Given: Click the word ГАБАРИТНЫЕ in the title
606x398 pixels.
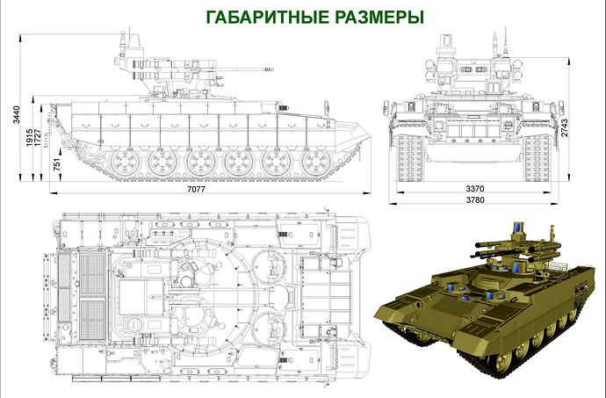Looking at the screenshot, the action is (x=267, y=18).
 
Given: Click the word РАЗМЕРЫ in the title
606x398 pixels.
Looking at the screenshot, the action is (x=379, y=18).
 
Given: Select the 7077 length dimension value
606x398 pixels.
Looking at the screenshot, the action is (x=197, y=189).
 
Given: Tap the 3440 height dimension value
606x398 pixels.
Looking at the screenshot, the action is (x=16, y=114).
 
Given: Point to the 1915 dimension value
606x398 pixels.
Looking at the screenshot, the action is (x=29, y=138).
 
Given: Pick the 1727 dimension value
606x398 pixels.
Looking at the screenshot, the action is (x=38, y=138).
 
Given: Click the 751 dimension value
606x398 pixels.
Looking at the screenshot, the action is (x=57, y=164).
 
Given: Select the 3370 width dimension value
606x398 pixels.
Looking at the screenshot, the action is (x=475, y=189).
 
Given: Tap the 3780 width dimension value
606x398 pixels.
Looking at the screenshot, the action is (x=475, y=200).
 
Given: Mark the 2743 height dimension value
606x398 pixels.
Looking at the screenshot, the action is (x=565, y=127).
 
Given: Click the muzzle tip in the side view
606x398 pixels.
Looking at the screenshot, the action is (x=271, y=69).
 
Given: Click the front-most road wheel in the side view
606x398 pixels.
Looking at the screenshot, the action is (x=316, y=163).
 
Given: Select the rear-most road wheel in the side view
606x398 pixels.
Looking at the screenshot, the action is (x=125, y=163).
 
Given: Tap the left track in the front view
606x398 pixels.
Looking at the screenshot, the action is (x=411, y=158).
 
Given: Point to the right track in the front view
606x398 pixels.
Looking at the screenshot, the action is (x=537, y=158).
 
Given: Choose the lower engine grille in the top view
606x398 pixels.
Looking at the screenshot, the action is (x=92, y=320).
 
